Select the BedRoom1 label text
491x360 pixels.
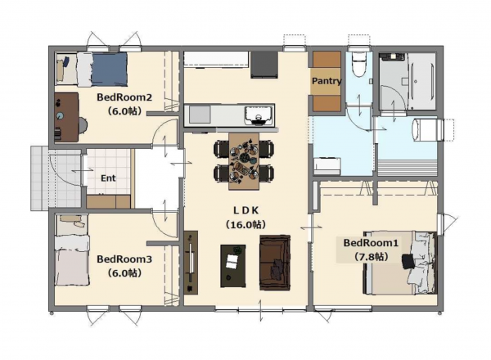371,243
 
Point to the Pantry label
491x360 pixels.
326,82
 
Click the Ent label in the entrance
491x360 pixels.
107,178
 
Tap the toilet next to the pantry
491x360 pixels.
358,65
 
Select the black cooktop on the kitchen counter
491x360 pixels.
264,62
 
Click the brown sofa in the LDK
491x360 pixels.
274,262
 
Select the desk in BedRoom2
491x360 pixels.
67,116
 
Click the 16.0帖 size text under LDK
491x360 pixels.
245,223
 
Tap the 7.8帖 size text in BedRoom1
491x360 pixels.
371,256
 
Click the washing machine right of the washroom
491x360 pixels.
428,130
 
